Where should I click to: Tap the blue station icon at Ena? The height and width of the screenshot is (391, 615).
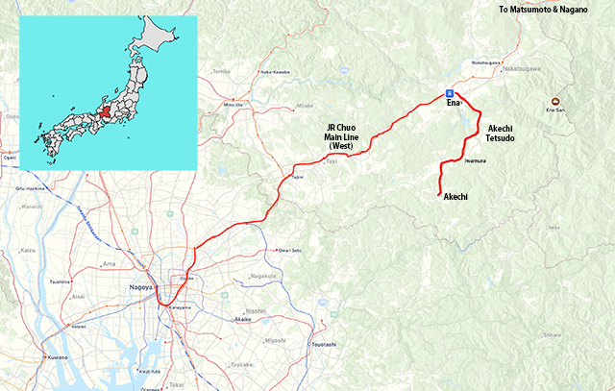449,93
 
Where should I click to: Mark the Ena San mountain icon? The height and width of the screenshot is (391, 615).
554,101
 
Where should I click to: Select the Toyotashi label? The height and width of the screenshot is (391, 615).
323,344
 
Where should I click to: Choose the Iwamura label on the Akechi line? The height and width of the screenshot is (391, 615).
475,162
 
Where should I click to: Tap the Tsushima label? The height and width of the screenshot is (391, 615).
60,281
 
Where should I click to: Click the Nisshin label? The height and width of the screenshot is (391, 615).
256,311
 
